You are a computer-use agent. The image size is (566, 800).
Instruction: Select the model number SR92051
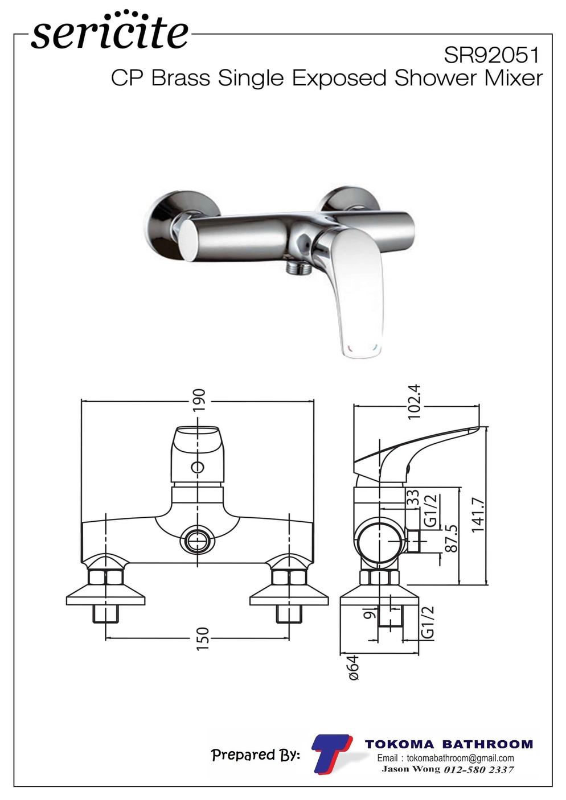coord(491,56)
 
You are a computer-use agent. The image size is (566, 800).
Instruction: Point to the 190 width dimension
coord(199,399)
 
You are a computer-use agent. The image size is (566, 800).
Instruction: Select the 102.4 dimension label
coord(414,402)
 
